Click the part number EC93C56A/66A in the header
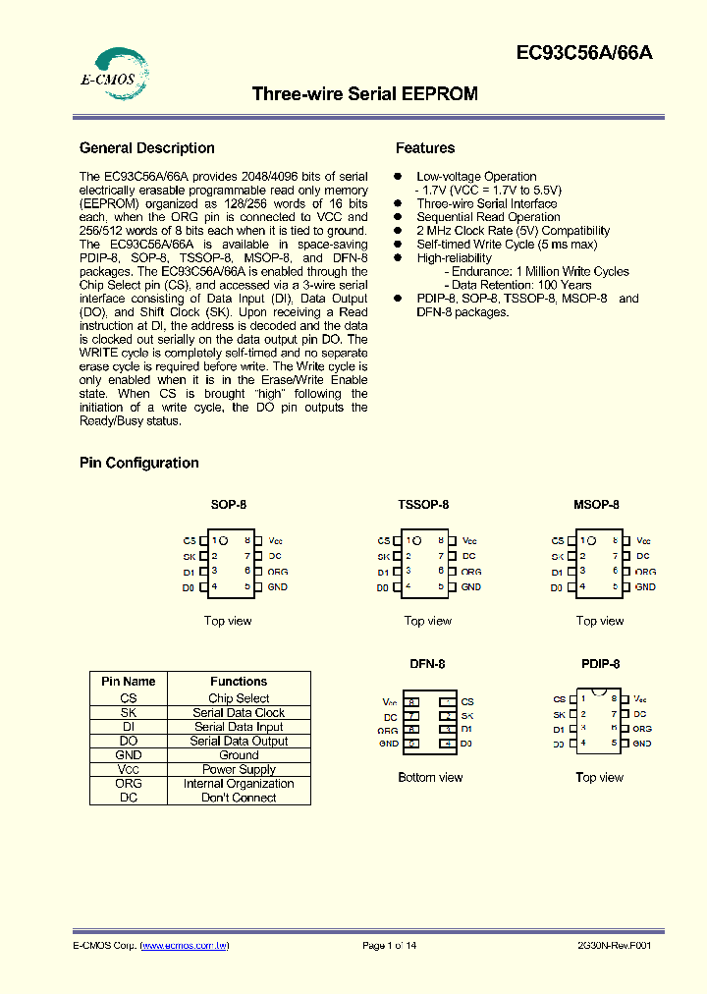tap(583, 54)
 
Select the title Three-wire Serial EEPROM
tap(365, 94)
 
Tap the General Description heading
tap(147, 148)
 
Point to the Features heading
tap(425, 148)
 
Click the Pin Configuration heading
tap(139, 463)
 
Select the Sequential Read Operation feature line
tap(488, 217)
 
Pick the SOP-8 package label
tap(228, 504)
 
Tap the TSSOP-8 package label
tap(423, 504)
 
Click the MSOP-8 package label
tap(596, 504)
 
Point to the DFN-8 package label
tap(427, 664)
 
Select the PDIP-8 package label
tap(599, 664)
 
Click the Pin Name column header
tap(128, 681)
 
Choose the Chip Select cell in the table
tap(239, 698)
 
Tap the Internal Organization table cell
tap(239, 784)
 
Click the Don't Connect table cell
tap(239, 798)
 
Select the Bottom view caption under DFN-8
tap(430, 777)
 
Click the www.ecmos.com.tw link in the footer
tap(185, 945)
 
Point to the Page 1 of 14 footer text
tap(389, 945)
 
